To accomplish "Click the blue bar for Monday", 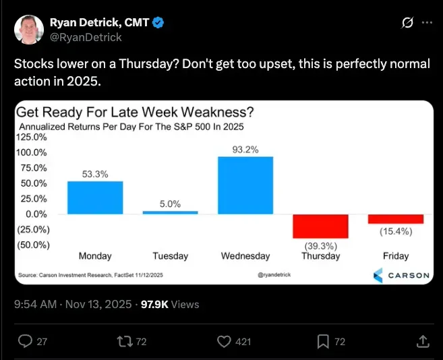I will pos(95,198).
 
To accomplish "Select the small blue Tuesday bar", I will pos(170,212).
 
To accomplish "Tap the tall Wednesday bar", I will pos(245,185).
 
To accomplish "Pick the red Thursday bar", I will pos(320,226).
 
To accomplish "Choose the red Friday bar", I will pos(395,219).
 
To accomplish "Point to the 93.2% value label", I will pos(245,150).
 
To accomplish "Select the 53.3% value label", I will pos(95,174).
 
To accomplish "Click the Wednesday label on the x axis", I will pos(245,256).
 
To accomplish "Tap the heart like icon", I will pos(225,342).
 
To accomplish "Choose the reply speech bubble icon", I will pos(26,342).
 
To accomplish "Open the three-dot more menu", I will pos(426,22).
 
